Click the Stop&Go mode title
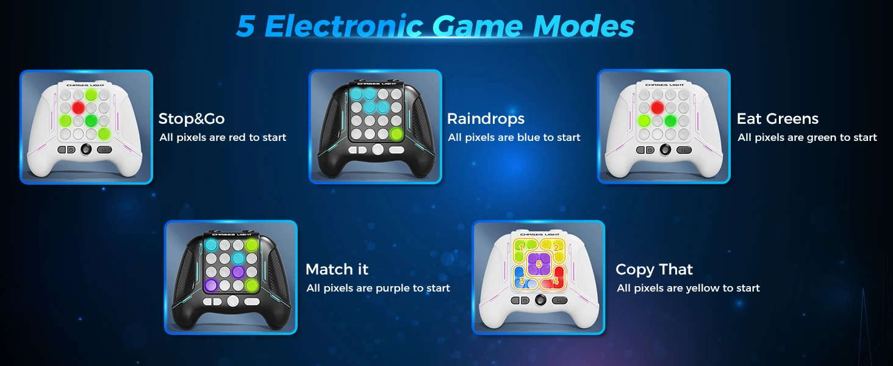192,118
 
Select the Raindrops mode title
486,118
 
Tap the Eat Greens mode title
777,118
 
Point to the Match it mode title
337,269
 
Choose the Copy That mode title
655,270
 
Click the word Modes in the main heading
583,26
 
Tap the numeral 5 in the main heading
246,26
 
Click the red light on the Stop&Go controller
78,107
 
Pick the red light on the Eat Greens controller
657,107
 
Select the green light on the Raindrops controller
396,134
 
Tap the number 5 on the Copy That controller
539,264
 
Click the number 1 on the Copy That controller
521,248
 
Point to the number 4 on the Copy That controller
555,281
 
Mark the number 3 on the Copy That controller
522,281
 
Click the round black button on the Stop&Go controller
86,149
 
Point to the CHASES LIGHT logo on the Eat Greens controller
664,85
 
